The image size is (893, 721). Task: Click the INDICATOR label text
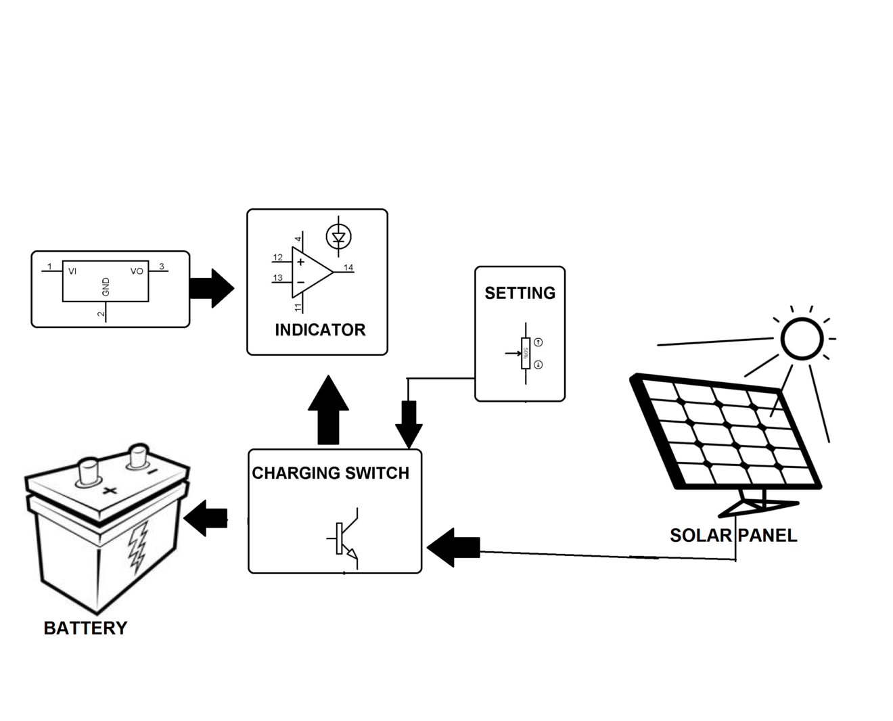[x=320, y=330]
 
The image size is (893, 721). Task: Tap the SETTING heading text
[x=520, y=293]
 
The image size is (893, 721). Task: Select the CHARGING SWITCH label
[x=330, y=473]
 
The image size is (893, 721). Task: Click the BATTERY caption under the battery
[x=85, y=628]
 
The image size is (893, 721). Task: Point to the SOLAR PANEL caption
[x=733, y=536]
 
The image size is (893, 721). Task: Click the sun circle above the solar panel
[x=802, y=338]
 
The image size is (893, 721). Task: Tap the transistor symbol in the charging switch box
[x=346, y=538]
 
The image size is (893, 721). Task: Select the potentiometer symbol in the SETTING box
[x=525, y=353]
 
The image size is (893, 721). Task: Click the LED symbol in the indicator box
[x=338, y=237]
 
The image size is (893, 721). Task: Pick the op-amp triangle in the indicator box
[x=310, y=272]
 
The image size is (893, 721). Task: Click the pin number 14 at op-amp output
[x=348, y=268]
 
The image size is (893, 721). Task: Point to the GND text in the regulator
[x=106, y=287]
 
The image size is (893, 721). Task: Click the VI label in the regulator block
[x=72, y=271]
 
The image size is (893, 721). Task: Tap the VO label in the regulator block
[x=137, y=271]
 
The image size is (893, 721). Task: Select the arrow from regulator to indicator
[x=211, y=288]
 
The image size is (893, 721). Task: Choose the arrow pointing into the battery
[x=206, y=519]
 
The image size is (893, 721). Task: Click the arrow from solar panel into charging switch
[x=454, y=548]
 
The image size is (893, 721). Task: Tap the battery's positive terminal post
[x=89, y=471]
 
